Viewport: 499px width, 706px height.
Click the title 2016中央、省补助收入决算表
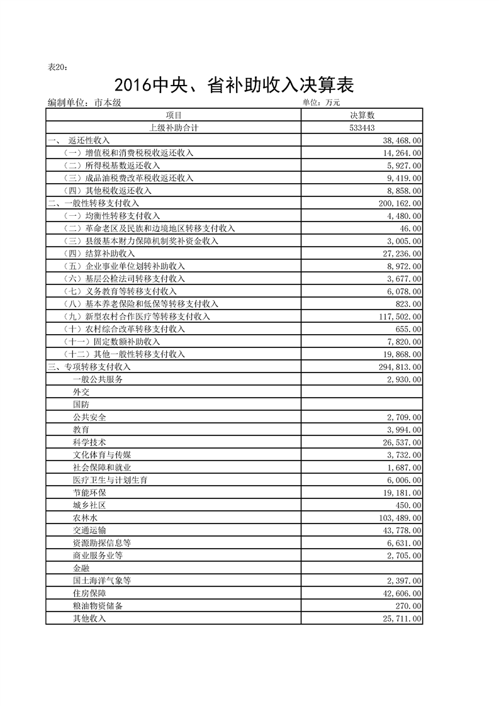pos(234,85)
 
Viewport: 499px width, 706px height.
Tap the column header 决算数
pos(362,115)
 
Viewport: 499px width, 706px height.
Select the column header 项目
pos(174,115)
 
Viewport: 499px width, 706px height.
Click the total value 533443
pos(362,128)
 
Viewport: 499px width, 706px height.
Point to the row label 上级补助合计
pos(174,128)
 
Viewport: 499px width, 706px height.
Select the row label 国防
pos(81,405)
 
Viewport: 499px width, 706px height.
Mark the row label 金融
pos(81,568)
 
